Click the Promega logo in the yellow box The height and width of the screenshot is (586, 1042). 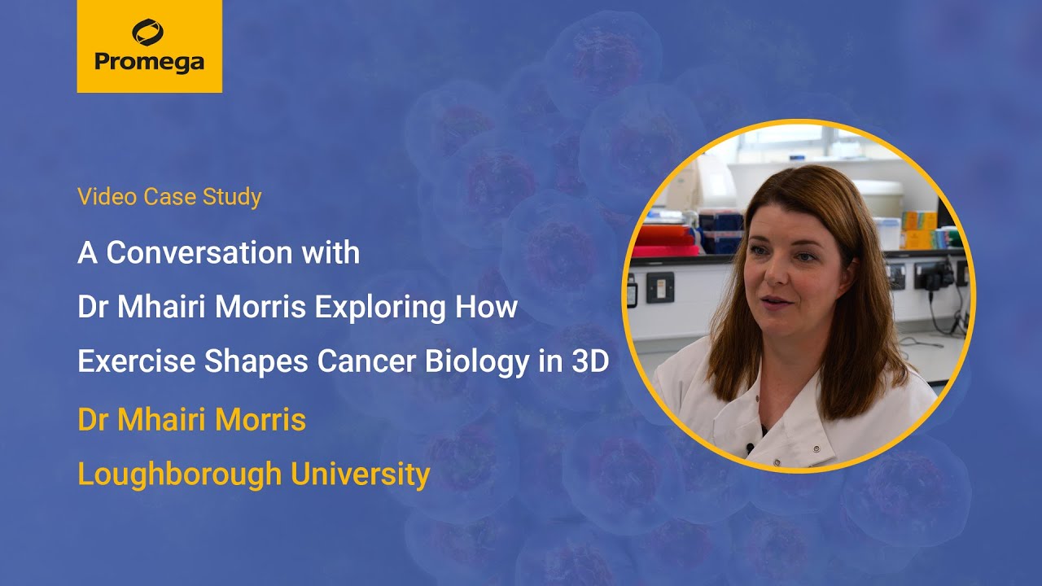coord(149,46)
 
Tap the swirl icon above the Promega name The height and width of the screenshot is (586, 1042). coord(148,33)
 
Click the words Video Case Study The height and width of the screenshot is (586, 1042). coord(169,197)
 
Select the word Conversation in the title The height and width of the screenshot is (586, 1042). coord(233,253)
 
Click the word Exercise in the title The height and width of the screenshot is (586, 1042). coord(136,362)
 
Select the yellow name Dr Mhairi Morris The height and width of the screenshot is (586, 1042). coord(191,419)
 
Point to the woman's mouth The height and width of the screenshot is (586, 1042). coord(774,303)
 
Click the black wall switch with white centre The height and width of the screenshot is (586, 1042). coord(659,287)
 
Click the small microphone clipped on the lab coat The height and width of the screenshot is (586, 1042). coord(749,448)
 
